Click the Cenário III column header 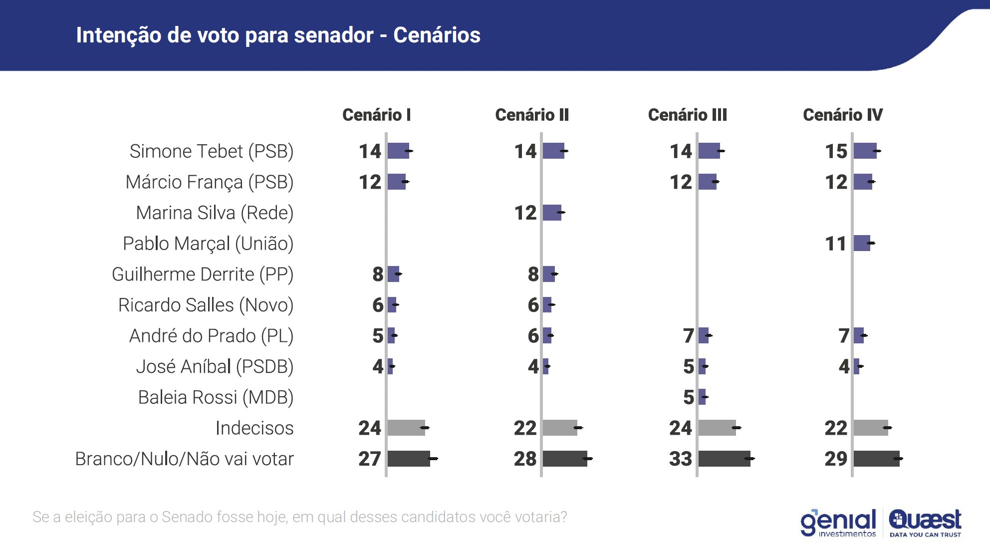tap(687, 115)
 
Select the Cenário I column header tap(376, 115)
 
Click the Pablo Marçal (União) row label tap(208, 244)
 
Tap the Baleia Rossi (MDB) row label tap(216, 397)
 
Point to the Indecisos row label tap(254, 428)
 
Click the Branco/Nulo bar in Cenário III tap(724, 459)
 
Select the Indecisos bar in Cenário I tap(406, 428)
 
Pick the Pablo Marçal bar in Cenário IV tap(862, 243)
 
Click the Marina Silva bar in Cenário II tap(552, 213)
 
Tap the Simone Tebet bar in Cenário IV tap(865, 151)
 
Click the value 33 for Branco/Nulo tap(680, 459)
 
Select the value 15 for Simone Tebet tap(836, 151)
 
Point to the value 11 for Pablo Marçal tap(836, 244)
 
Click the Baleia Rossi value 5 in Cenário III tap(689, 397)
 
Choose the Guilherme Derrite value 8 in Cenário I tap(378, 274)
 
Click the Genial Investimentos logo tap(838, 523)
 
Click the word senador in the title tap(333, 35)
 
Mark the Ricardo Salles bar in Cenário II tap(547, 305)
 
